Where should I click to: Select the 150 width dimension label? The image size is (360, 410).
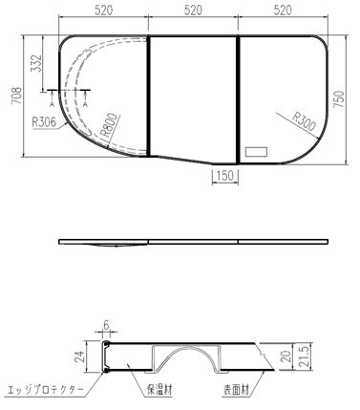225,174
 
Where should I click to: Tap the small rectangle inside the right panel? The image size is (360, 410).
257,151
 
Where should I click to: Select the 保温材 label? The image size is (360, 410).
159,389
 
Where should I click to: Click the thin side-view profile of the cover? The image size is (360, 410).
191,242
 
